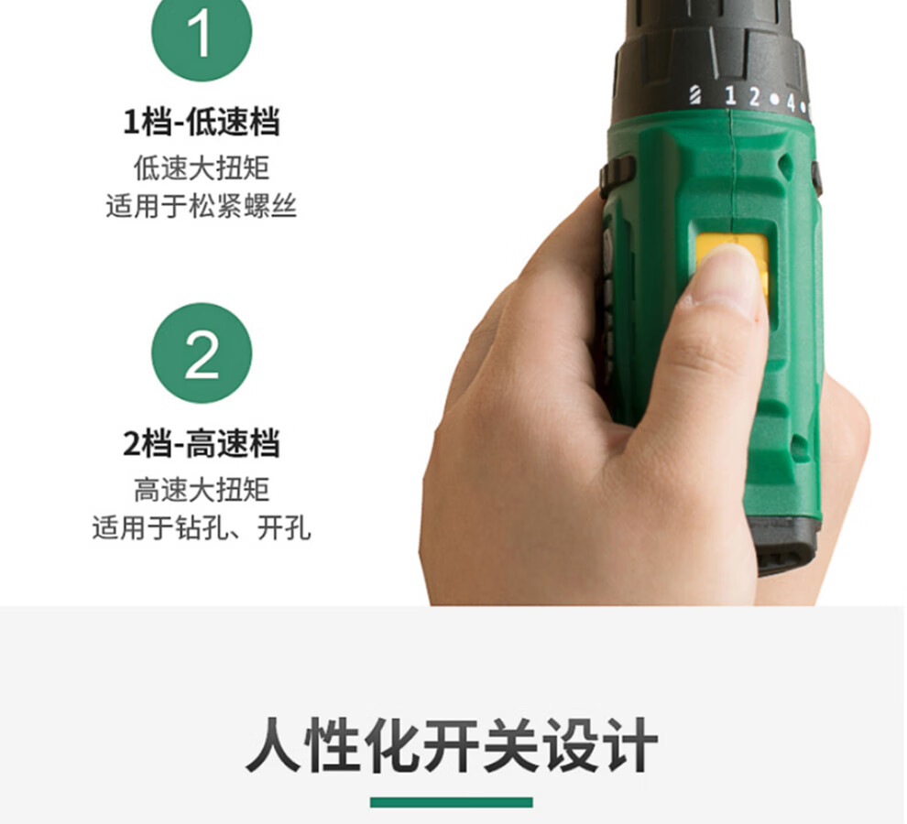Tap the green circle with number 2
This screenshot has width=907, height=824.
202,352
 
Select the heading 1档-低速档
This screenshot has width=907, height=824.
202,122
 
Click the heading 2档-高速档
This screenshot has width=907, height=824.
202,443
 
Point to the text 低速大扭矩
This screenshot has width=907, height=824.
202,168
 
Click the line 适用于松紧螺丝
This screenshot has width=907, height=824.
202,206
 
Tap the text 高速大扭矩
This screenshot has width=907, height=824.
202,490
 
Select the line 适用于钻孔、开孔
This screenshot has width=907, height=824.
202,527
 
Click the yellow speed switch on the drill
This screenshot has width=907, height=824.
732,267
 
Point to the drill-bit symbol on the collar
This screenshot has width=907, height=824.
695,95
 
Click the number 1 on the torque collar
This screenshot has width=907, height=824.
730,95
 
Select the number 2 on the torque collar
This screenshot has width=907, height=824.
754,97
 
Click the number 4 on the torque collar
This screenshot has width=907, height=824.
791,103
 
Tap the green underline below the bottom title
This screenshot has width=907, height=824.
451,802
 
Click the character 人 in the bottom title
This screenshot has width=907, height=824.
274,744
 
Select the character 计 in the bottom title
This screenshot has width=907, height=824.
630,744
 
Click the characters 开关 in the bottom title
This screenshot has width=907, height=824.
482,744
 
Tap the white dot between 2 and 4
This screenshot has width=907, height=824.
774,100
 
